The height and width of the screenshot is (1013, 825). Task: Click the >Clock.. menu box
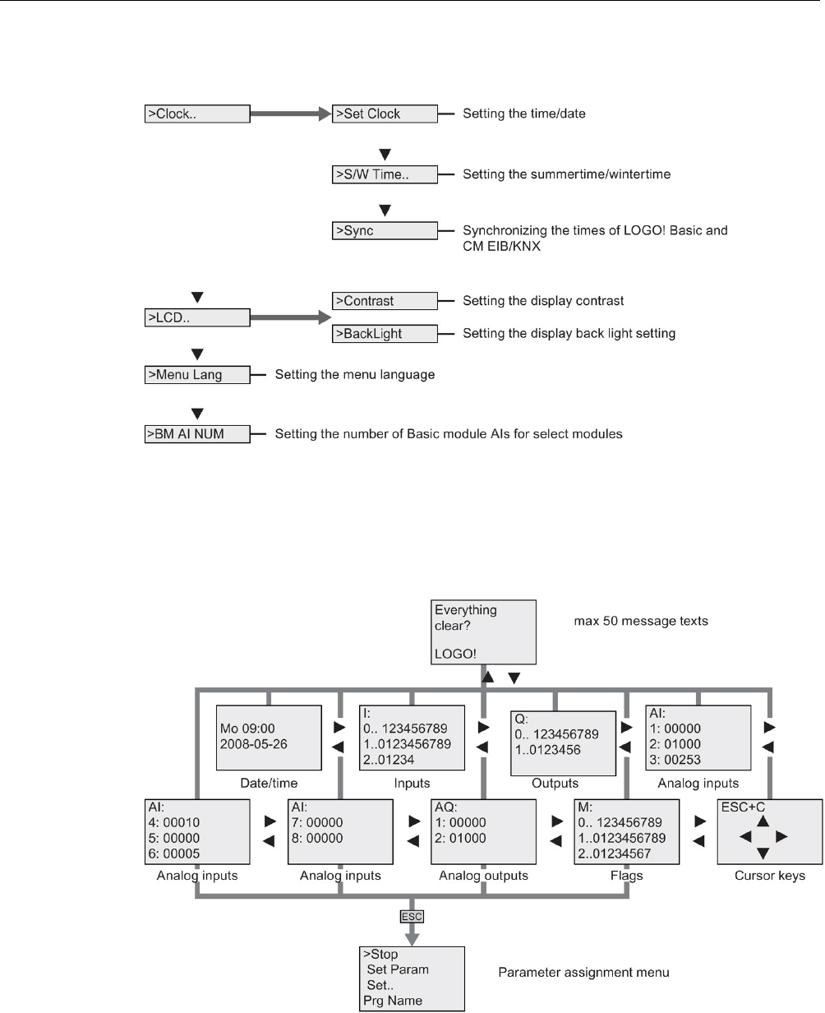[197, 114]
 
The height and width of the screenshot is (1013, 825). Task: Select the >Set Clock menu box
[385, 114]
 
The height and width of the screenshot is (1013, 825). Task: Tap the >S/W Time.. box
[385, 174]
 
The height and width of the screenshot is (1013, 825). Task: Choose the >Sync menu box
[385, 231]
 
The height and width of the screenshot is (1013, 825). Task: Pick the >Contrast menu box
[385, 301]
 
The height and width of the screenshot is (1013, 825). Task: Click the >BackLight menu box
[385, 333]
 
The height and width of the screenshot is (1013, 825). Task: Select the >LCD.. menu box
[197, 317]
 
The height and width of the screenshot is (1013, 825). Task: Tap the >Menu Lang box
[197, 375]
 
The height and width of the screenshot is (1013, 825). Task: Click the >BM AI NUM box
[197, 434]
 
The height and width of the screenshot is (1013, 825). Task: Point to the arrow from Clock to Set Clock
[291, 113]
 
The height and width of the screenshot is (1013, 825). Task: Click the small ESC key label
[412, 917]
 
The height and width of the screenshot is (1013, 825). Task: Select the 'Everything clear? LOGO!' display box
[483, 632]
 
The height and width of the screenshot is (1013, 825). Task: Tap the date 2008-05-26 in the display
[253, 744]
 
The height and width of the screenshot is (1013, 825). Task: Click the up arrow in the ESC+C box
[763, 821]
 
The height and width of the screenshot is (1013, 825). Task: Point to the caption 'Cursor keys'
[770, 876]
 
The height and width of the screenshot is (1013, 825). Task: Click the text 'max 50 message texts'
[641, 621]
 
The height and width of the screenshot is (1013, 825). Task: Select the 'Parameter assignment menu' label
[583, 973]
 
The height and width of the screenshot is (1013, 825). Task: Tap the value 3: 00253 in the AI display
[675, 760]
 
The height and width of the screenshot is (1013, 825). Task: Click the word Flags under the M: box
[626, 876]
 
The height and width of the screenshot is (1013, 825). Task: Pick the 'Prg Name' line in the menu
[393, 1001]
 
